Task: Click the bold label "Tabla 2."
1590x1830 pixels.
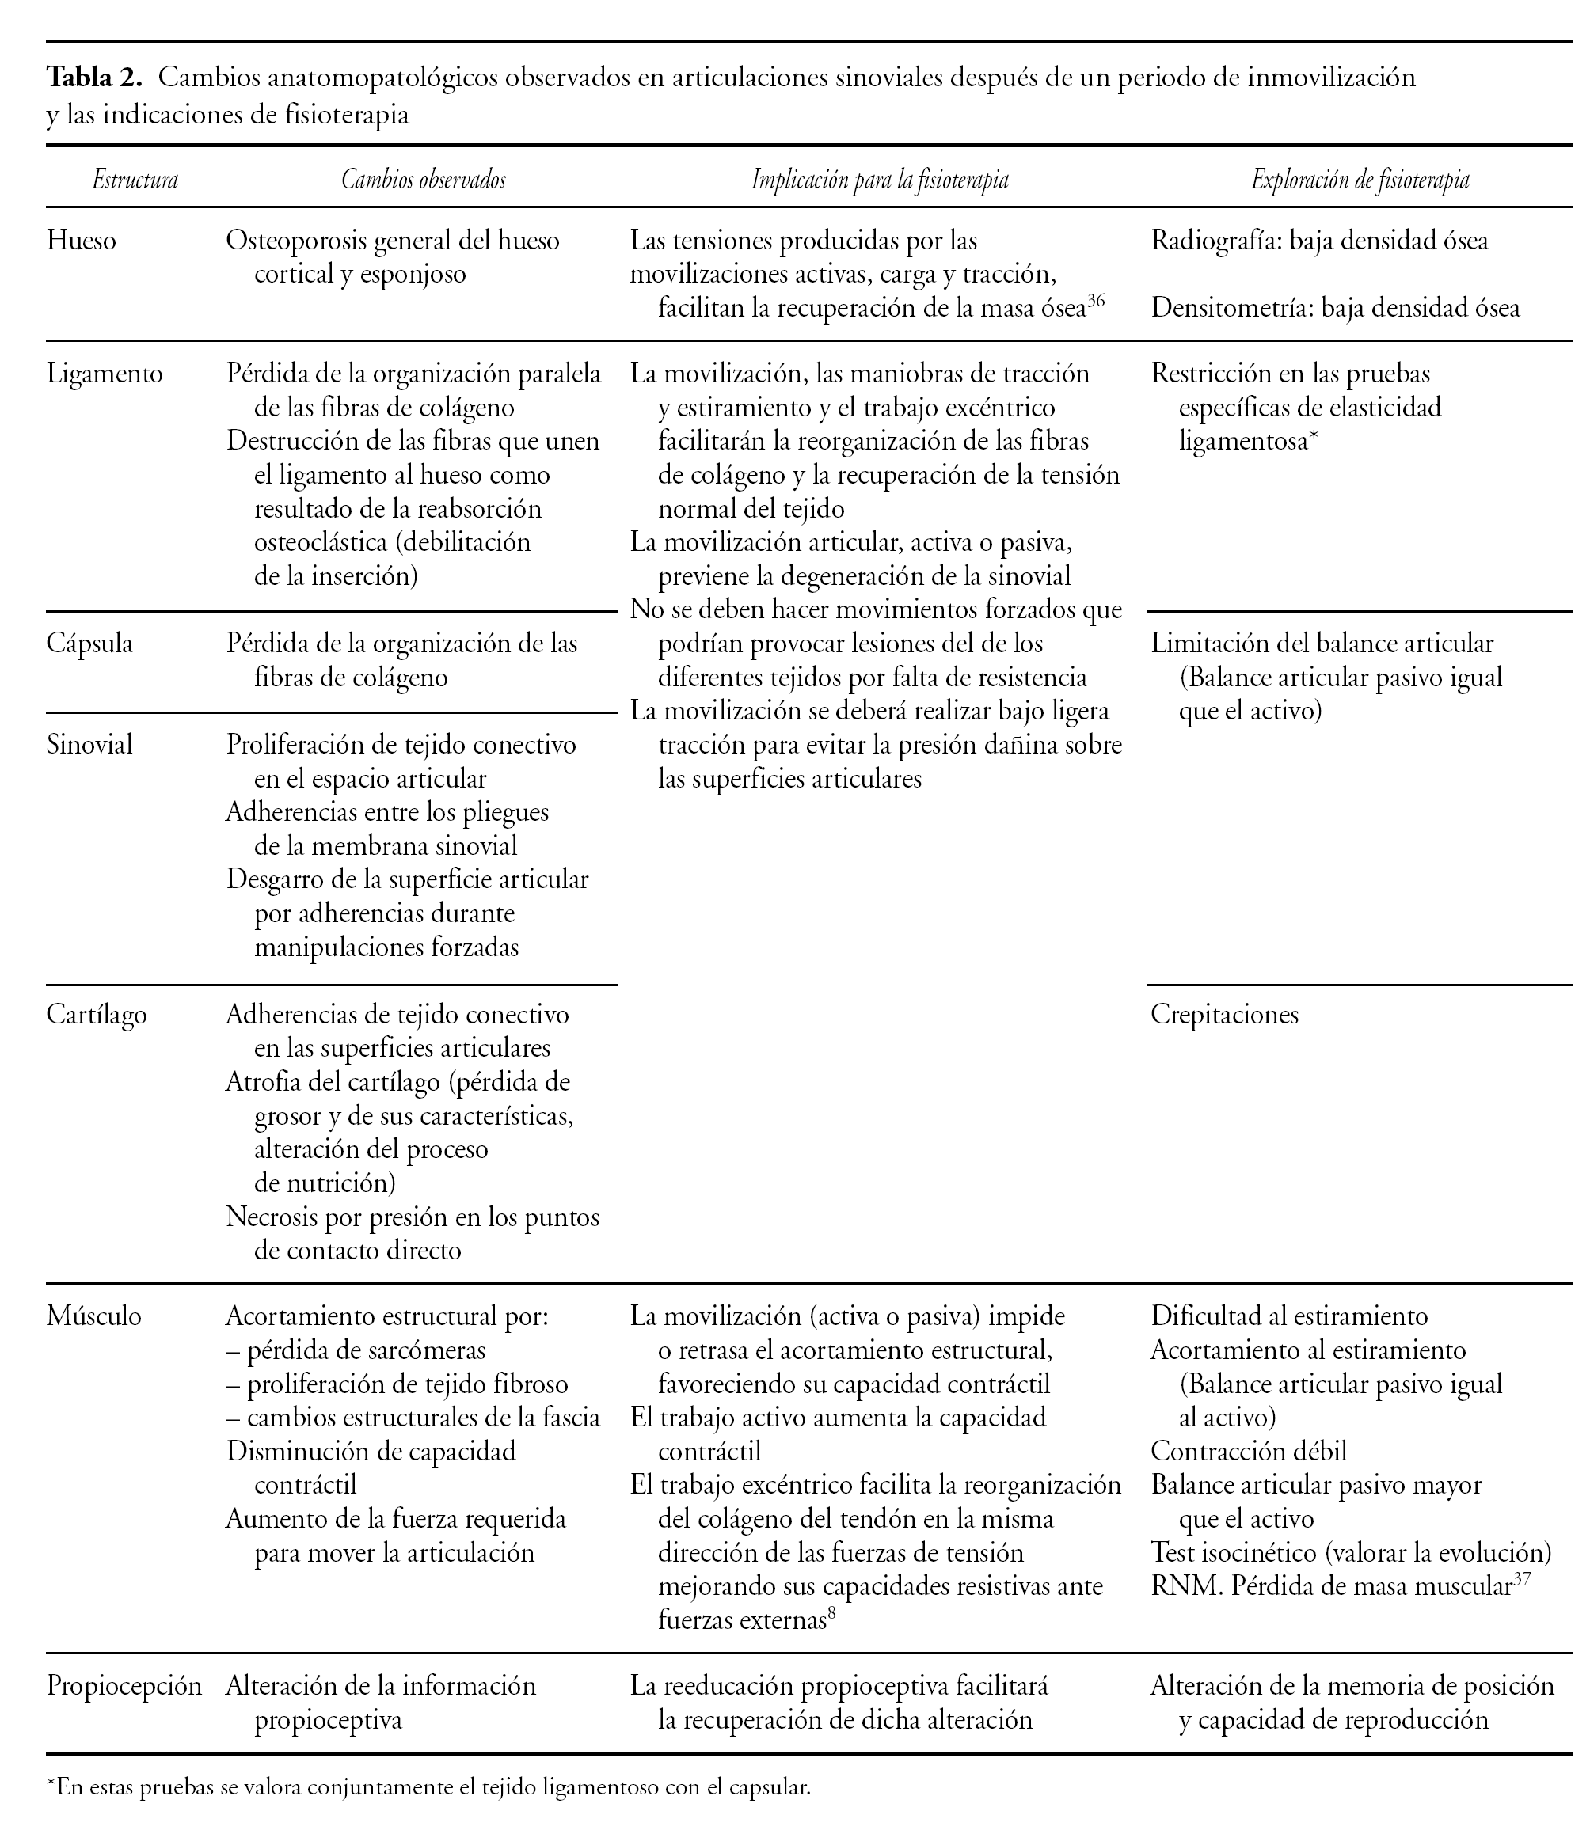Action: tap(94, 78)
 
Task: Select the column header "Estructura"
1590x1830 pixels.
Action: tap(135, 180)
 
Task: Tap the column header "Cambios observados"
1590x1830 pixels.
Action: tap(423, 180)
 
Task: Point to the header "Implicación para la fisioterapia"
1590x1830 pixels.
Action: tap(879, 180)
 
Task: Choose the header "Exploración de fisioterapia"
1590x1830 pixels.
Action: tap(1360, 180)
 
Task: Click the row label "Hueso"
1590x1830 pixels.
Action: tap(81, 241)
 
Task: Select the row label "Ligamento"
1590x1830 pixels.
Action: tap(105, 374)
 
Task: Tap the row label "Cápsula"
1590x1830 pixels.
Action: tap(89, 644)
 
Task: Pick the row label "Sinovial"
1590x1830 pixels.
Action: tap(89, 744)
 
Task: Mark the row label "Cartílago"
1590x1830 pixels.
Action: tap(97, 1014)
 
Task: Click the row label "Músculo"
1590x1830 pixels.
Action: tap(94, 1316)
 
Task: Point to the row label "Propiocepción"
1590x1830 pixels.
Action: tap(124, 1686)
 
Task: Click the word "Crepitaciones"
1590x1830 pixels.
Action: tap(1224, 1014)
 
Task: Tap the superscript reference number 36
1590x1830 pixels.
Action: tap(1096, 301)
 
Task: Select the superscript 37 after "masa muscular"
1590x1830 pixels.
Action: tap(1523, 1579)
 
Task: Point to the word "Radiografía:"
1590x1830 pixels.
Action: tap(1215, 241)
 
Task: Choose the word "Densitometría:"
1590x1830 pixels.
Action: tap(1231, 308)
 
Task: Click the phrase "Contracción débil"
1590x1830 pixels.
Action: tap(1249, 1451)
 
